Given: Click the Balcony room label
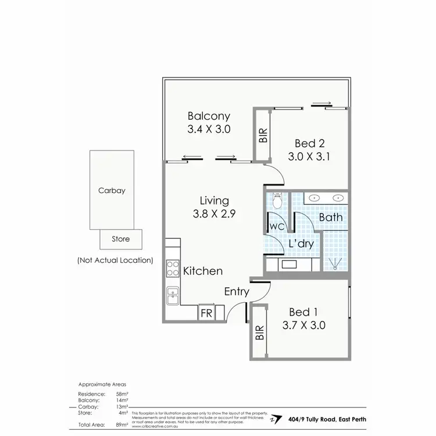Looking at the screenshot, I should coord(209,116).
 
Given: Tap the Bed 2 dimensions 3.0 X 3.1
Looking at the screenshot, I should coord(309,156).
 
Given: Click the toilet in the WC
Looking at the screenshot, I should coord(277,201).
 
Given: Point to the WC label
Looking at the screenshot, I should coord(276,225).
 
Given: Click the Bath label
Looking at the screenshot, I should coord(330,217).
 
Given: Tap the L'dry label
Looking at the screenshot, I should coord(301,244).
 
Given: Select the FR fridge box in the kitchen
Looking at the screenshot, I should coord(206,313).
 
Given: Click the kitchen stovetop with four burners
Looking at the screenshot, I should coord(173,268).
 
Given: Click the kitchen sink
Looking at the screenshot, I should coord(172,295).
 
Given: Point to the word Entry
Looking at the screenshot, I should coord(237,292).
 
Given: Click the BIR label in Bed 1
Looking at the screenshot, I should coord(259,333).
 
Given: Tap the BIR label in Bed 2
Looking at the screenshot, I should coord(263,136).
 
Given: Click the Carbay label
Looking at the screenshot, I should coord(112,190).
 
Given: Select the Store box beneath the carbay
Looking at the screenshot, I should coord(120,239).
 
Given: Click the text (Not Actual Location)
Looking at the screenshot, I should coord(115,260).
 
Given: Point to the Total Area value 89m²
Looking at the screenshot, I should coord(121,426).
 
